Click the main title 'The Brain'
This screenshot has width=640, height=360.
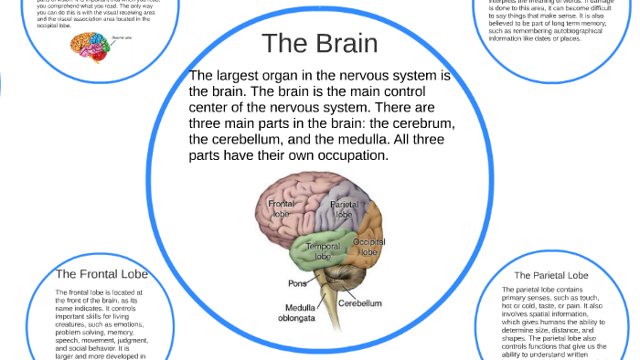pyautogui.click(x=319, y=43)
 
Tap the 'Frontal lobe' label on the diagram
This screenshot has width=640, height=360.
pyautogui.click(x=281, y=208)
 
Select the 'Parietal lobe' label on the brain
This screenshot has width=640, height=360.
pyautogui.click(x=345, y=209)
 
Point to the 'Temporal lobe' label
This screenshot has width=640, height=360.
pyautogui.click(x=323, y=251)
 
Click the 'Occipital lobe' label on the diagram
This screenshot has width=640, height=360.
pyautogui.click(x=368, y=247)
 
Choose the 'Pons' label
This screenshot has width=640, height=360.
pyautogui.click(x=297, y=283)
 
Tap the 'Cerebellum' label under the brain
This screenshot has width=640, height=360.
pyautogui.click(x=360, y=302)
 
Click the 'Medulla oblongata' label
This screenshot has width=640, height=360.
pyautogui.click(x=299, y=313)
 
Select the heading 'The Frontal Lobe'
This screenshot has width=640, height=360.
pyautogui.click(x=101, y=274)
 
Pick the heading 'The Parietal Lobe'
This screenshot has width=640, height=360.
pyautogui.click(x=550, y=275)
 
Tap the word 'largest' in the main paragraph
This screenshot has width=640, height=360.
pyautogui.click(x=246, y=75)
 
